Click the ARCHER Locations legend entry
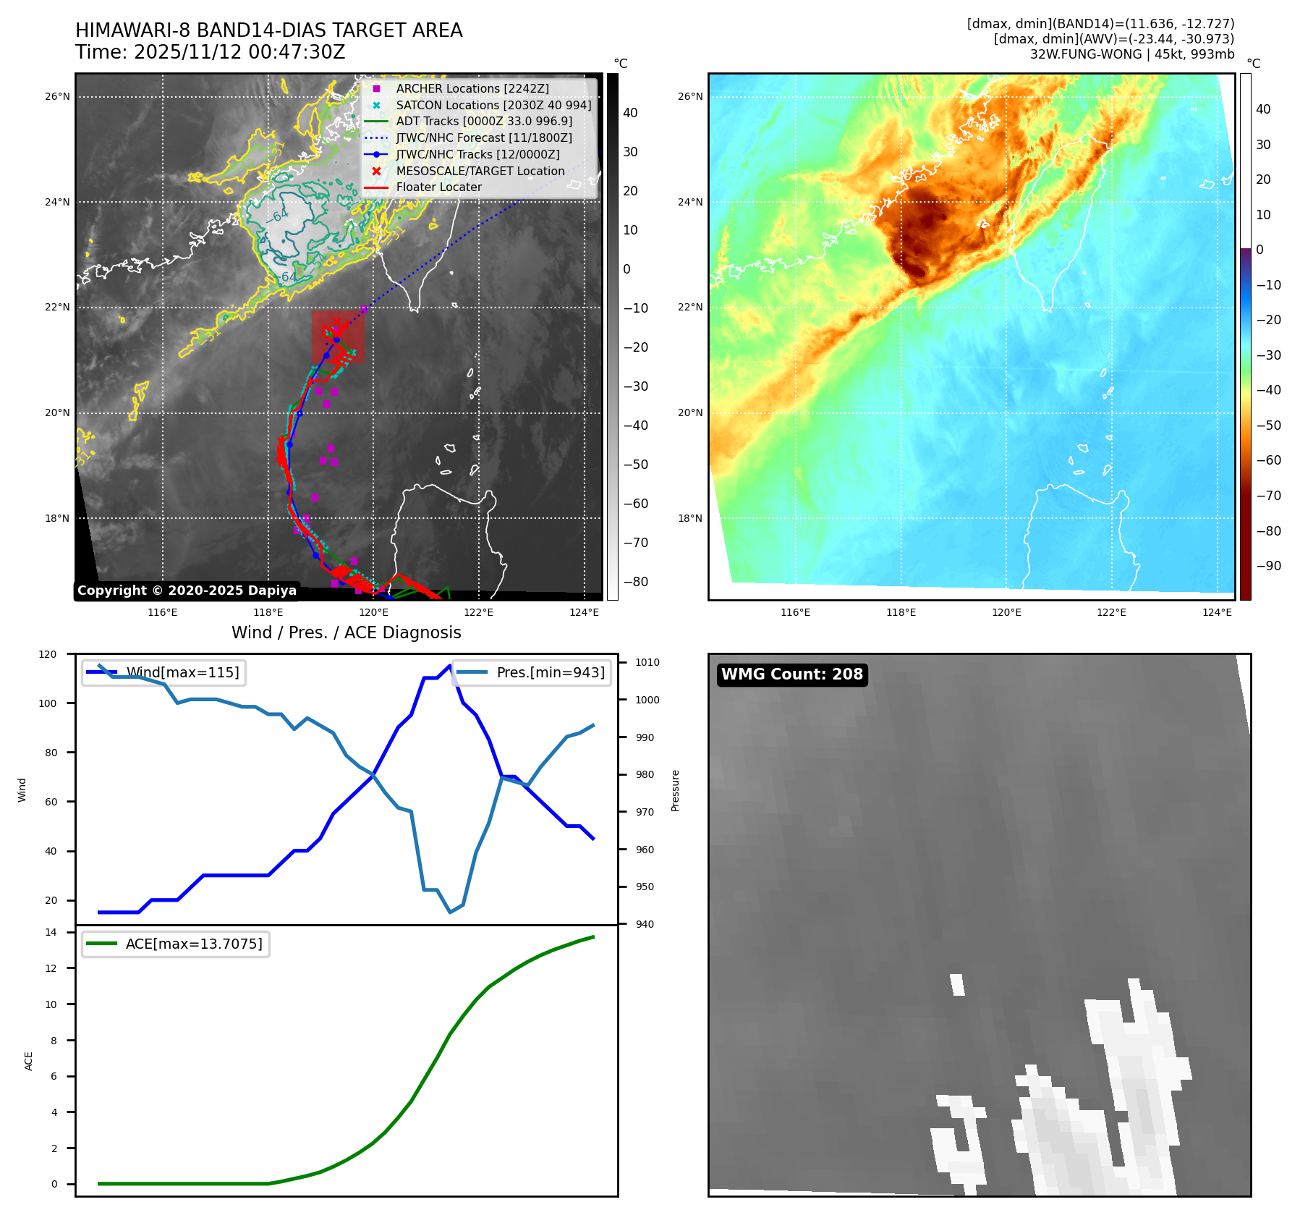[x=472, y=88]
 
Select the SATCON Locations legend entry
[x=493, y=105]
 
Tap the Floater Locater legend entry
[x=438, y=187]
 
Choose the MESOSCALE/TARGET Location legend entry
[x=480, y=171]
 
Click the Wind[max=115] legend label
[x=182, y=672]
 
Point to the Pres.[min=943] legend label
[x=551, y=672]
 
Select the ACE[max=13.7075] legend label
[x=194, y=944]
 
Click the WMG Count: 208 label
[x=792, y=674]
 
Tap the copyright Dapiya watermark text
[x=187, y=591]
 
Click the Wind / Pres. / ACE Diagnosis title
[x=346, y=632]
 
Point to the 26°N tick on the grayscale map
[x=57, y=96]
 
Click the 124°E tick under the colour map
[x=1217, y=612]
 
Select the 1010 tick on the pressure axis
[x=647, y=662]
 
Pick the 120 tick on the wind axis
[x=48, y=654]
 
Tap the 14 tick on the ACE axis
[x=51, y=932]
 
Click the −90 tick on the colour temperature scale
[x=1268, y=566]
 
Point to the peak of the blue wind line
[x=450, y=665]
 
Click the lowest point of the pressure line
[x=450, y=912]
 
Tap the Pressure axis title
[x=675, y=790]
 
